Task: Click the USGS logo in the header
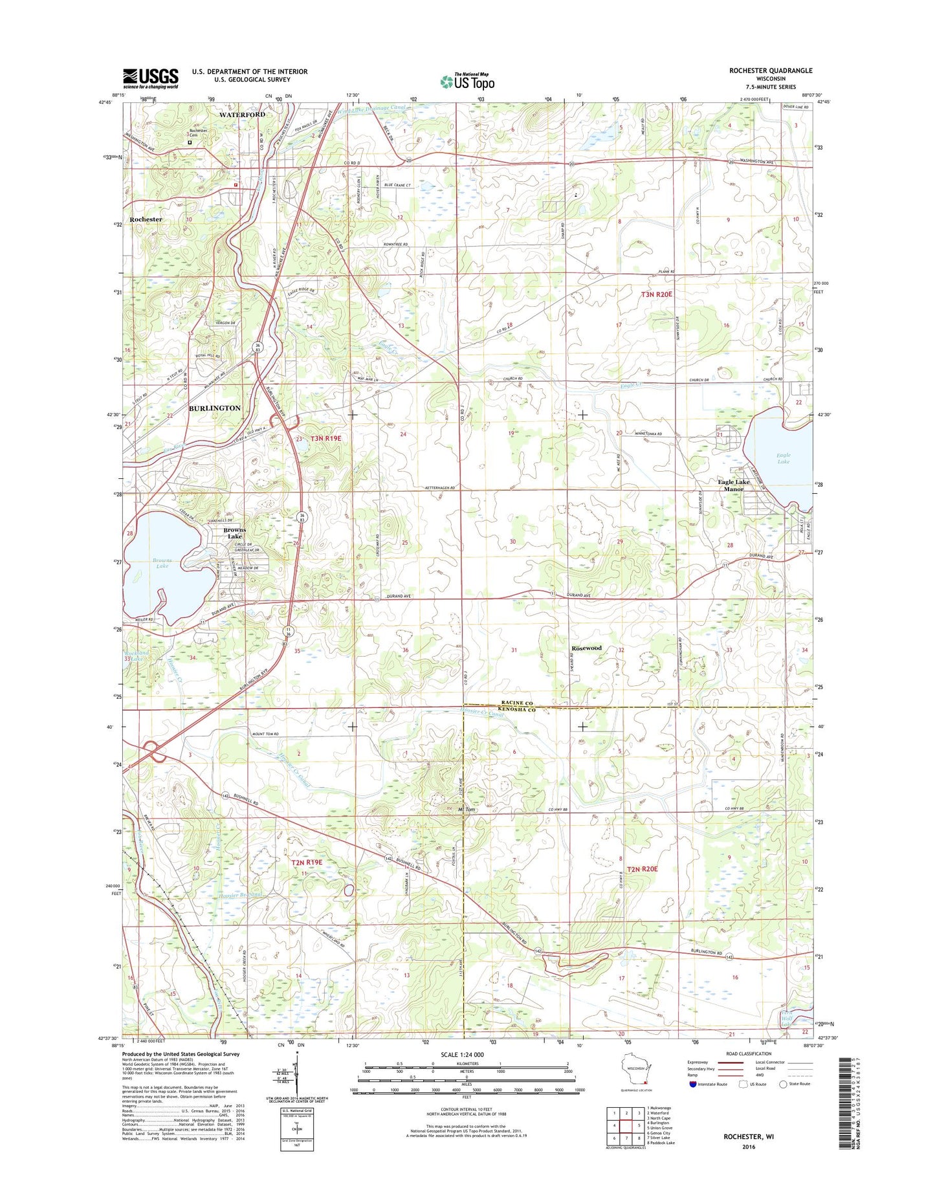[150, 78]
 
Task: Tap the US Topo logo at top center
[467, 81]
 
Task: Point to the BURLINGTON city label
[214, 408]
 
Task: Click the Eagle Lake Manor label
[734, 485]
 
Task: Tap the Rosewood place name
[586, 648]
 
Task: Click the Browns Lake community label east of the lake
[234, 533]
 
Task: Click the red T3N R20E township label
[657, 294]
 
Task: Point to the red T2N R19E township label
[306, 863]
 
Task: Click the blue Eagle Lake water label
[783, 458]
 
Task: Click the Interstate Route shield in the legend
[693, 1084]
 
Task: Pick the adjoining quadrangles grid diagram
[622, 1125]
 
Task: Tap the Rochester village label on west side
[146, 219]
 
